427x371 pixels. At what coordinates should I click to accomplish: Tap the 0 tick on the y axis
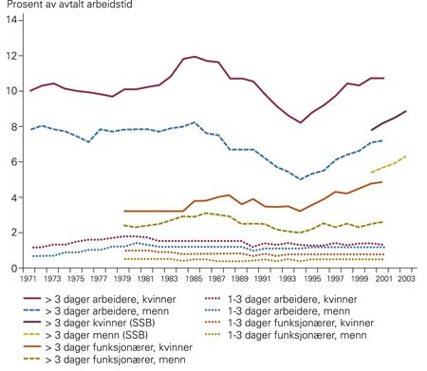[13, 269]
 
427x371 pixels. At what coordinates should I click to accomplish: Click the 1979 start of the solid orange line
[125, 211]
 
